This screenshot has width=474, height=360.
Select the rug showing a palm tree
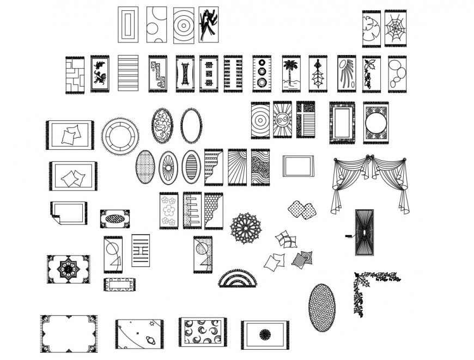click(289, 74)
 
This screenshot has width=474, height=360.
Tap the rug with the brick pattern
click(74, 75)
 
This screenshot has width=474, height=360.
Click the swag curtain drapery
click(370, 182)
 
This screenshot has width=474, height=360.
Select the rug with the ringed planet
click(140, 334)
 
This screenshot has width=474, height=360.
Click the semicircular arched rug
click(238, 278)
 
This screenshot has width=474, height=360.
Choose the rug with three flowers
click(169, 210)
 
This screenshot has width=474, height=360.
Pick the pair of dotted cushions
click(302, 209)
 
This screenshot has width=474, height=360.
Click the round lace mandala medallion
click(248, 228)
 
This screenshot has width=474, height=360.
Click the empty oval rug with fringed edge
click(191, 126)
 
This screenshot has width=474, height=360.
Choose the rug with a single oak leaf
click(318, 74)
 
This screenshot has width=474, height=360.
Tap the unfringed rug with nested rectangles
click(128, 25)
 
